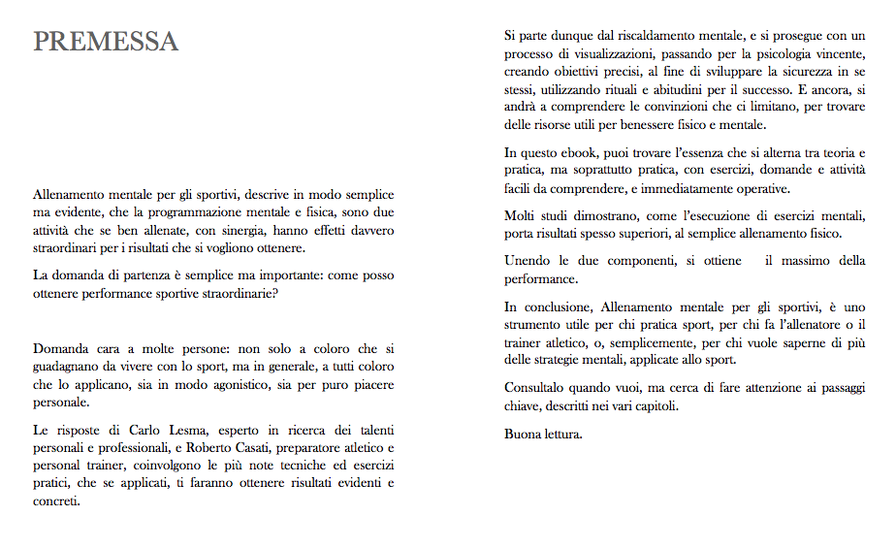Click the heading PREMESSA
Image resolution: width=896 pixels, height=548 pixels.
coord(106,42)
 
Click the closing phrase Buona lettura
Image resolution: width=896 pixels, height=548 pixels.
coord(543,433)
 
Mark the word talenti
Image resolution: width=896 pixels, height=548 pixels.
coord(372,430)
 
